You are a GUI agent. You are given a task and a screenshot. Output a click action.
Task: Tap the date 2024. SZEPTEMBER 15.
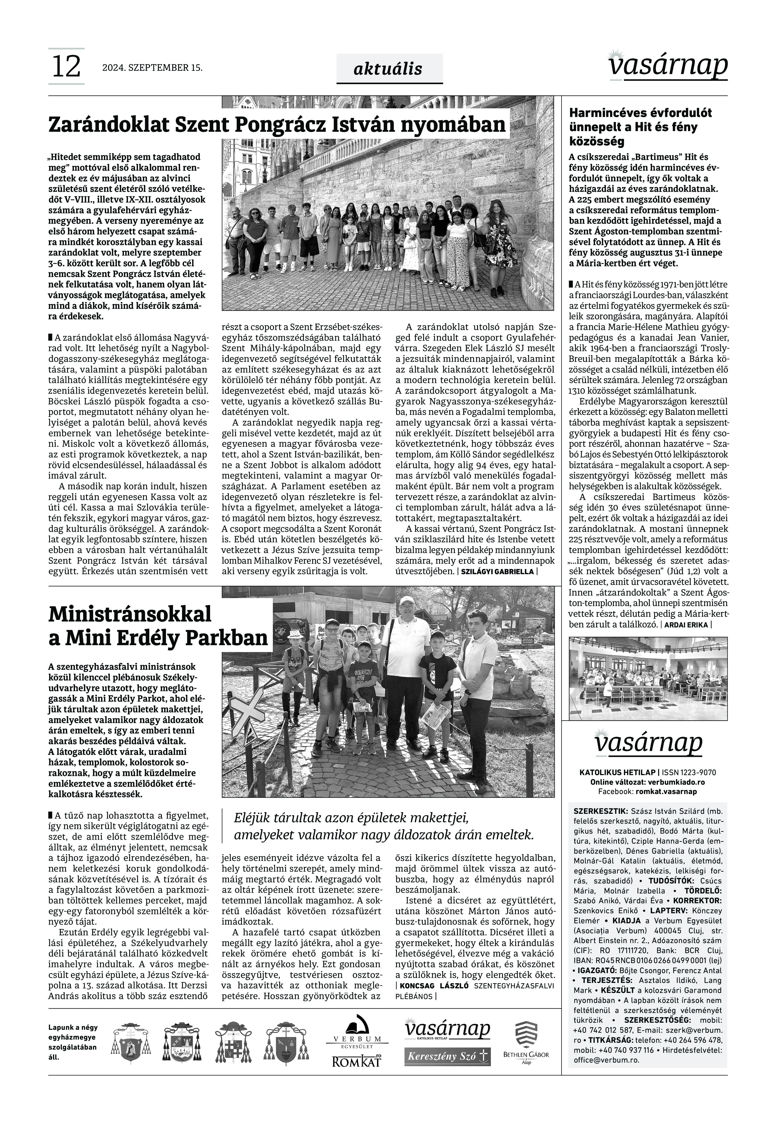pyautogui.click(x=152, y=68)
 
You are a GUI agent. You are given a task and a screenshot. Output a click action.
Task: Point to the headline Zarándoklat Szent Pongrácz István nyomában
pyautogui.click(x=277, y=124)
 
